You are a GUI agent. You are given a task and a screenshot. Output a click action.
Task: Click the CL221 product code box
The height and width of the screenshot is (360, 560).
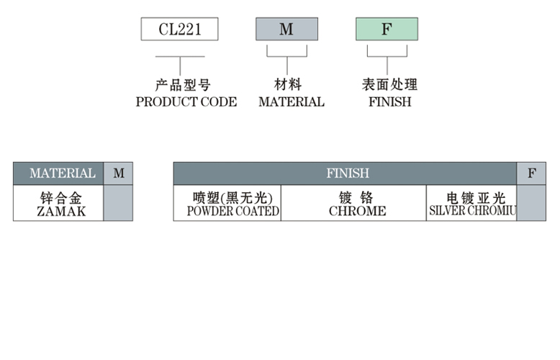[x=179, y=29]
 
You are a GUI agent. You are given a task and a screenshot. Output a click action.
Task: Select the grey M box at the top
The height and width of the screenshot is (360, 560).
[x=286, y=29]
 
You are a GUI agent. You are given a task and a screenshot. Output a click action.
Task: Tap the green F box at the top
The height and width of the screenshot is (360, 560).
[x=387, y=29]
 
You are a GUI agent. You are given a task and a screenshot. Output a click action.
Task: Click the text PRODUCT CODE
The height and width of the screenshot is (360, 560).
[x=186, y=102]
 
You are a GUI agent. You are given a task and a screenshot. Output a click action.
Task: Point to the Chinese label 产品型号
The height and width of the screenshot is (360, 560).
[x=183, y=85]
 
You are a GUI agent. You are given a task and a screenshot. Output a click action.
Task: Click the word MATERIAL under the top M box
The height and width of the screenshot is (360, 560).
[x=291, y=102]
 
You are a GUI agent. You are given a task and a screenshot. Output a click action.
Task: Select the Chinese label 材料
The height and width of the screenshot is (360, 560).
[x=288, y=85]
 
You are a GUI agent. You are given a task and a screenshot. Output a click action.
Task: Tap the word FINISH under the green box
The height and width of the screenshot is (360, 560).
[x=389, y=102]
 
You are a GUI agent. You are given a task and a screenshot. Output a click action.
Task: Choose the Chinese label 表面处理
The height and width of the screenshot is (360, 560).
[x=389, y=85]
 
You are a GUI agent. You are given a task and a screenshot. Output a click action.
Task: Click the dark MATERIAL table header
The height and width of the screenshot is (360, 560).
[x=58, y=174]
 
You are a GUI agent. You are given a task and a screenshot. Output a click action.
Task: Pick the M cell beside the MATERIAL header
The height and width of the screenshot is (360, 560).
[x=119, y=174]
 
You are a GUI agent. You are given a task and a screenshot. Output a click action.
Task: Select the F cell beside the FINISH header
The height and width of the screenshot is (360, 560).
[x=531, y=174]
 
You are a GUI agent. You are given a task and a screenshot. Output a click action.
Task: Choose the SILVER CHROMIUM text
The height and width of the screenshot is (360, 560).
[x=473, y=212]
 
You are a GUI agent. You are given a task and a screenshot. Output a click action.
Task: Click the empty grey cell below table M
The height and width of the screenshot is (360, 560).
[x=119, y=203]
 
